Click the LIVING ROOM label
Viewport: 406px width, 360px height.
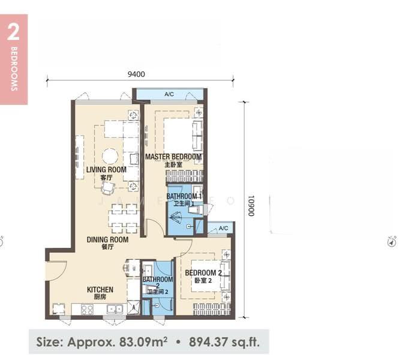[x=106, y=170]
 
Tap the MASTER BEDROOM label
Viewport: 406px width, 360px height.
[x=173, y=157]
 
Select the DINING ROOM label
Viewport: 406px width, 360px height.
[x=107, y=240]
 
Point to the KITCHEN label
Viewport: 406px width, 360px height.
[x=100, y=290]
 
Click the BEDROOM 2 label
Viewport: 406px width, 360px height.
[x=203, y=273]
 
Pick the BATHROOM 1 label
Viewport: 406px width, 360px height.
[x=184, y=196]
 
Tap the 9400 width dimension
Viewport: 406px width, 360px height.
[x=136, y=74]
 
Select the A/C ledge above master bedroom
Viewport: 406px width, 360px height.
[x=169, y=95]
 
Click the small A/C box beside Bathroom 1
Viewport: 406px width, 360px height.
[x=223, y=228]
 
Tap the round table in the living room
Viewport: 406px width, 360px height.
[x=110, y=156]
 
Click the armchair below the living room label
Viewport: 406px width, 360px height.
[x=107, y=188]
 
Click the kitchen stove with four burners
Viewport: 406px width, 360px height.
[x=87, y=310]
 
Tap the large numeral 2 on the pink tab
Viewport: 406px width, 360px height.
[x=13, y=33]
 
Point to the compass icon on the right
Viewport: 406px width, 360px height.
[x=392, y=242]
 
